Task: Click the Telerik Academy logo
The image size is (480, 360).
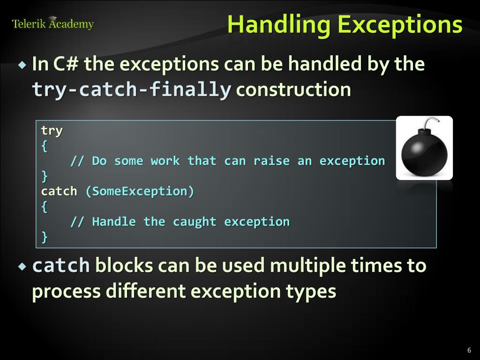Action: [52, 24]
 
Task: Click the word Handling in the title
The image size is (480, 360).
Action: [279, 25]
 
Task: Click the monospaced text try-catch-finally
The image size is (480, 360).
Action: [131, 89]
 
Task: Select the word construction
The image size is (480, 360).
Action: [293, 89]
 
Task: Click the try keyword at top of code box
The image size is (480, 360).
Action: [52, 130]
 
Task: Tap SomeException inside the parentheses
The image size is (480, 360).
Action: [139, 191]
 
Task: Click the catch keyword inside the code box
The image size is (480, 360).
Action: [59, 191]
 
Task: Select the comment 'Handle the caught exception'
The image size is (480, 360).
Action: [180, 222]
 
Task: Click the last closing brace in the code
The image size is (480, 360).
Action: [45, 237]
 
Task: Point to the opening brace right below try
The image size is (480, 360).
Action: [45, 146]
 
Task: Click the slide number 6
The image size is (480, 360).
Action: [469, 350]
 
